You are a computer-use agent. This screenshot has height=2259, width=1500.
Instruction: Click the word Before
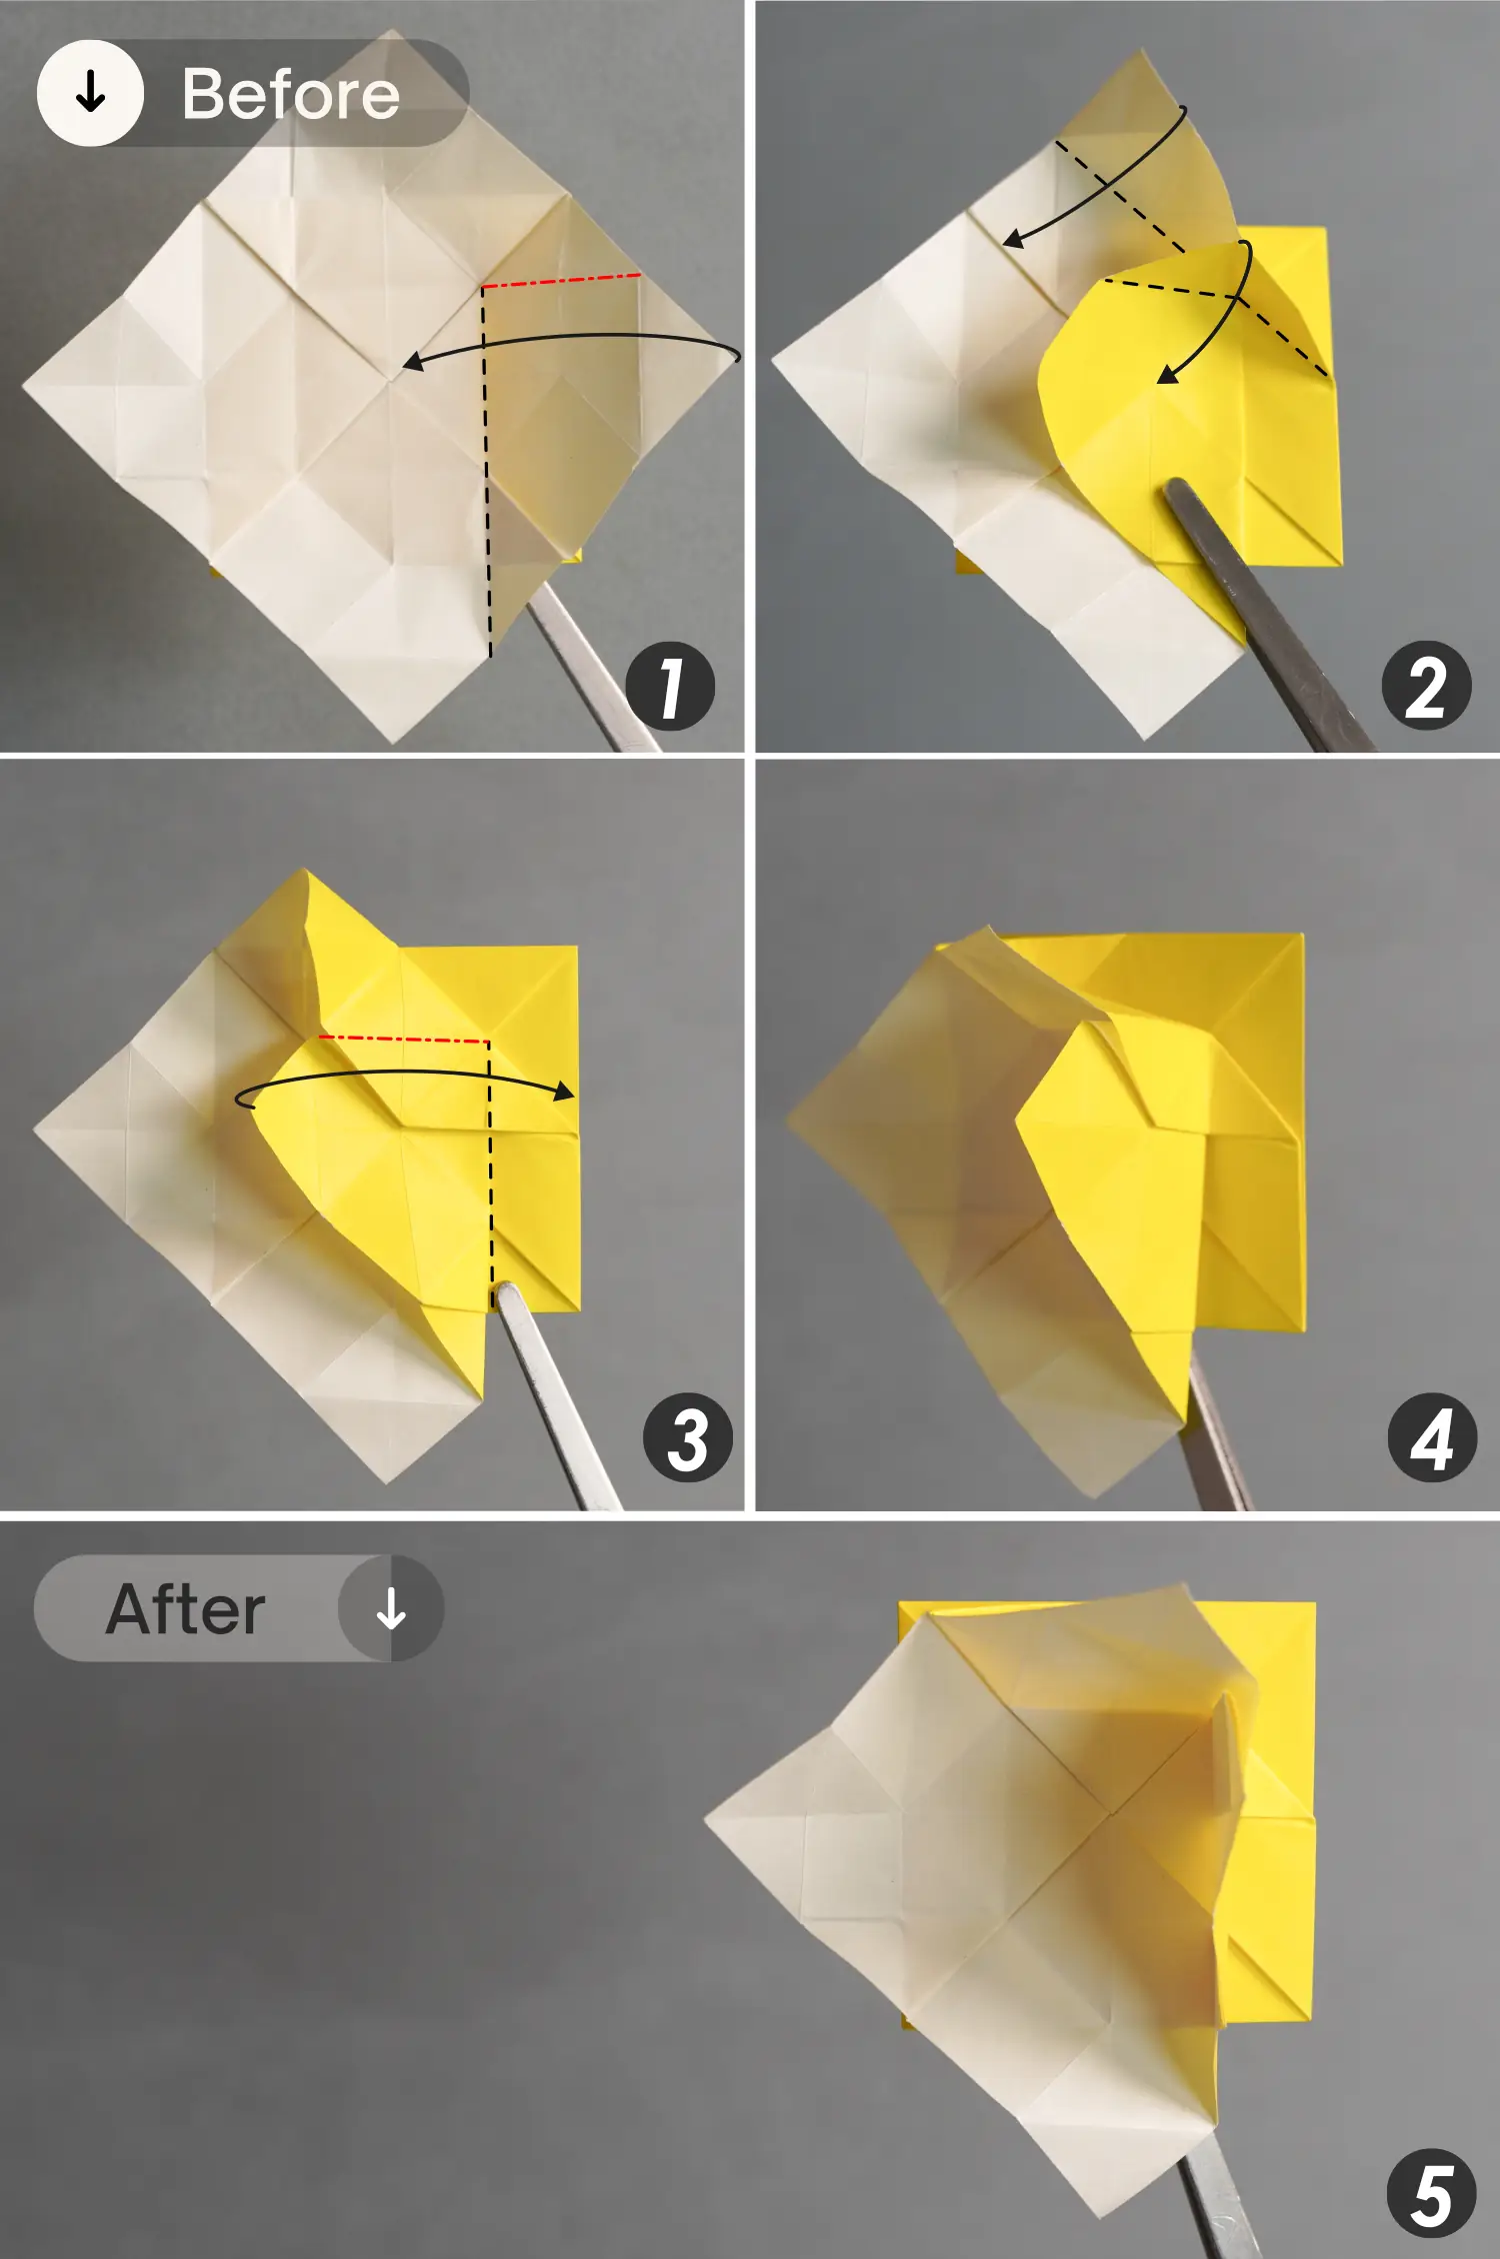[291, 95]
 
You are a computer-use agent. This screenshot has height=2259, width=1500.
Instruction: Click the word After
[186, 1608]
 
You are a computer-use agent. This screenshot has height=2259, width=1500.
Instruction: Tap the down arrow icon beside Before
[90, 93]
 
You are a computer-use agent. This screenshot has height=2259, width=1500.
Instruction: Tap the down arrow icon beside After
[391, 1608]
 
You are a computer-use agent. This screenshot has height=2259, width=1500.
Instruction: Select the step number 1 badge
[670, 687]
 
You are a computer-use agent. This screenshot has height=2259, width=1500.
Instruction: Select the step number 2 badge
[1426, 687]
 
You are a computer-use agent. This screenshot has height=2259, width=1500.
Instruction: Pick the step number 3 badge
[688, 1437]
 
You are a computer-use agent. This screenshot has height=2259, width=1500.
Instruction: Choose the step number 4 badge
[1432, 1437]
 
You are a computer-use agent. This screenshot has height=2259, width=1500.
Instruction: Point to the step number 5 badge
[1432, 2193]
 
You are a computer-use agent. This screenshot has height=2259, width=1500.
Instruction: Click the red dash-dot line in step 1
[561, 281]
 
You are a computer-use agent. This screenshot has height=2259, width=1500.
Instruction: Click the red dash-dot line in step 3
[404, 1040]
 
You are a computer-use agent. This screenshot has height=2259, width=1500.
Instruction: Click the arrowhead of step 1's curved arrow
[412, 362]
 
